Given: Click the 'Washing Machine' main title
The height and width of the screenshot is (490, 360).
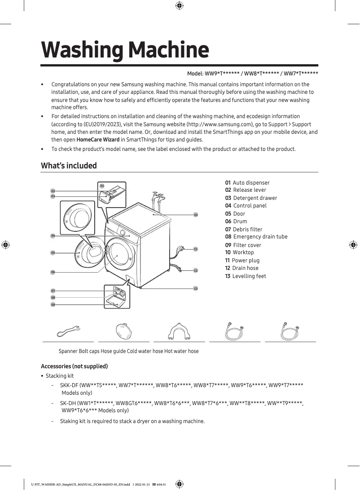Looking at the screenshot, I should click(x=125, y=50).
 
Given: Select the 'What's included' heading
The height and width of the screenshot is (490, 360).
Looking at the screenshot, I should click(x=69, y=166).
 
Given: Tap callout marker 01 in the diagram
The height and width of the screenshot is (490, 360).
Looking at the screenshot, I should click(x=102, y=185).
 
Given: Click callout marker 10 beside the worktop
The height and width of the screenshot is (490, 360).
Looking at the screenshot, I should click(x=196, y=215).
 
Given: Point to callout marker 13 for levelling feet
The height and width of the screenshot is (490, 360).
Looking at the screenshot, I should click(x=196, y=288).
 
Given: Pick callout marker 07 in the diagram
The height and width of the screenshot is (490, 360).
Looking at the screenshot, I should click(x=53, y=291).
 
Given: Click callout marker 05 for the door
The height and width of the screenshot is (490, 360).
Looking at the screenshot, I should click(x=53, y=253).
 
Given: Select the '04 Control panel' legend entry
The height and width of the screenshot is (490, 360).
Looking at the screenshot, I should click(x=246, y=206).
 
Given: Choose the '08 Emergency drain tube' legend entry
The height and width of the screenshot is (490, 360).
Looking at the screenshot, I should click(x=256, y=237).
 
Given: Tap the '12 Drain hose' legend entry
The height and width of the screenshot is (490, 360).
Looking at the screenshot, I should click(x=241, y=268).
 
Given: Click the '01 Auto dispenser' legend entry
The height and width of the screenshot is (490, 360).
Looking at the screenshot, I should click(x=247, y=183).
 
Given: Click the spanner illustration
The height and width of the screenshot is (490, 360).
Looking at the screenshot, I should click(x=68, y=331).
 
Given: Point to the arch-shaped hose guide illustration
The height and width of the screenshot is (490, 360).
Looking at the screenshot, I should click(x=179, y=331).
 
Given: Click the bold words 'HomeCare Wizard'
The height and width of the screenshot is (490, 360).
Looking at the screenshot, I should click(x=98, y=139).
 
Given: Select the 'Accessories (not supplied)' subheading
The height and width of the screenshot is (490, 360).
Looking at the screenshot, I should click(x=74, y=366).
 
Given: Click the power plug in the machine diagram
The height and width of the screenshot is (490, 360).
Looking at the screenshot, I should click(x=181, y=248).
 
